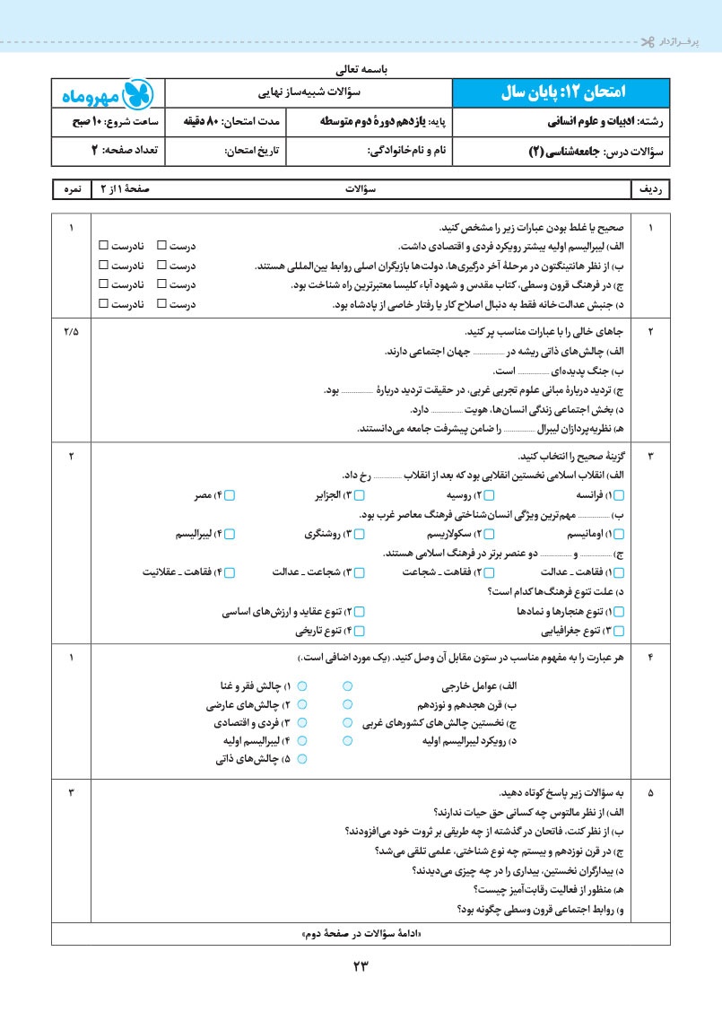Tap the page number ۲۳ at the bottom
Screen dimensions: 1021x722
tap(361, 966)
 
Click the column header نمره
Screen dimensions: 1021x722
tap(72, 189)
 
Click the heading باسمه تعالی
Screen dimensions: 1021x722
tap(360, 67)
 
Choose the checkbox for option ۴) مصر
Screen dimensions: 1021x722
tap(230, 495)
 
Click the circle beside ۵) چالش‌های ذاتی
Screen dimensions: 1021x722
tap(302, 759)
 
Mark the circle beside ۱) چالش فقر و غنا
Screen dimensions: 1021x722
tap(302, 685)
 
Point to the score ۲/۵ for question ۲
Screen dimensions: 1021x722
tap(72, 332)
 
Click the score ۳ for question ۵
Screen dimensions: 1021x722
tap(72, 793)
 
